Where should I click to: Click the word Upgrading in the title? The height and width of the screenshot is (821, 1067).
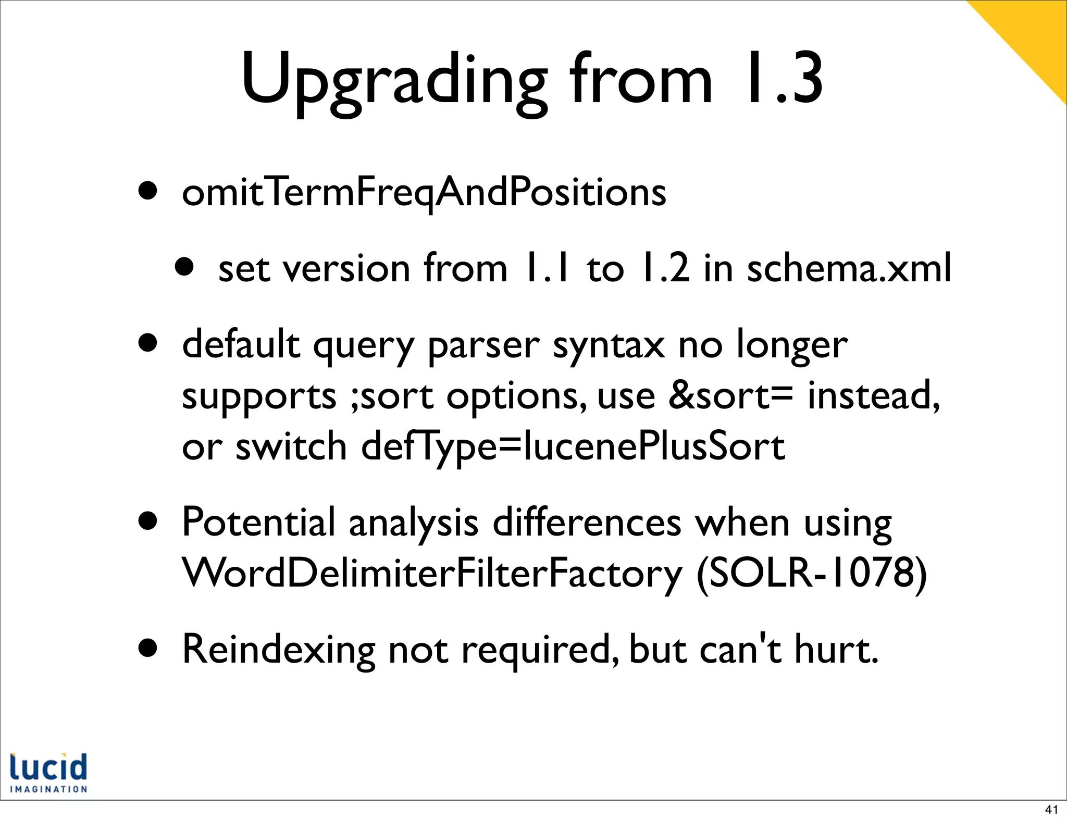pos(394,79)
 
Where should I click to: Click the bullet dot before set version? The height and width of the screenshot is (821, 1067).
pos(184,268)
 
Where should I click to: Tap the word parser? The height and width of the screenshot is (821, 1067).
pos(483,346)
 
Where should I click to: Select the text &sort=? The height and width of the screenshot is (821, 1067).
pos(730,396)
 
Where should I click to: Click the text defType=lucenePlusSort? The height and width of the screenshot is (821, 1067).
pos(573,446)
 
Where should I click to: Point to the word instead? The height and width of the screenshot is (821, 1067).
pos(874,396)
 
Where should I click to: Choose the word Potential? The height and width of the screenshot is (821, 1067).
pos(258,522)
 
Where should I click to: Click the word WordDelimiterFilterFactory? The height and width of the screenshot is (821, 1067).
pos(432,573)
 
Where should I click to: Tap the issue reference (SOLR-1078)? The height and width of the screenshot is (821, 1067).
pos(811,573)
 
